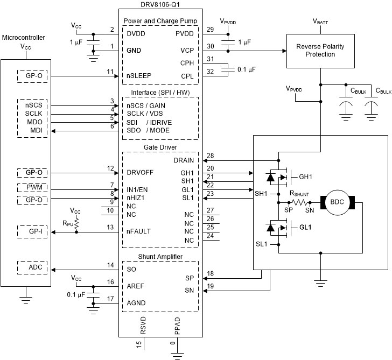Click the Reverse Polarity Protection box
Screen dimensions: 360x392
coord(320,51)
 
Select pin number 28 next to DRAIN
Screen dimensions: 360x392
coord(210,156)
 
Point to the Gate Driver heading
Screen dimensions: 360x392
coord(160,147)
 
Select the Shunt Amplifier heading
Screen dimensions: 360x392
coord(160,257)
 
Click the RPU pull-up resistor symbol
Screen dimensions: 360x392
coord(76,222)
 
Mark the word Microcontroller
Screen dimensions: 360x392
coord(24,38)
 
